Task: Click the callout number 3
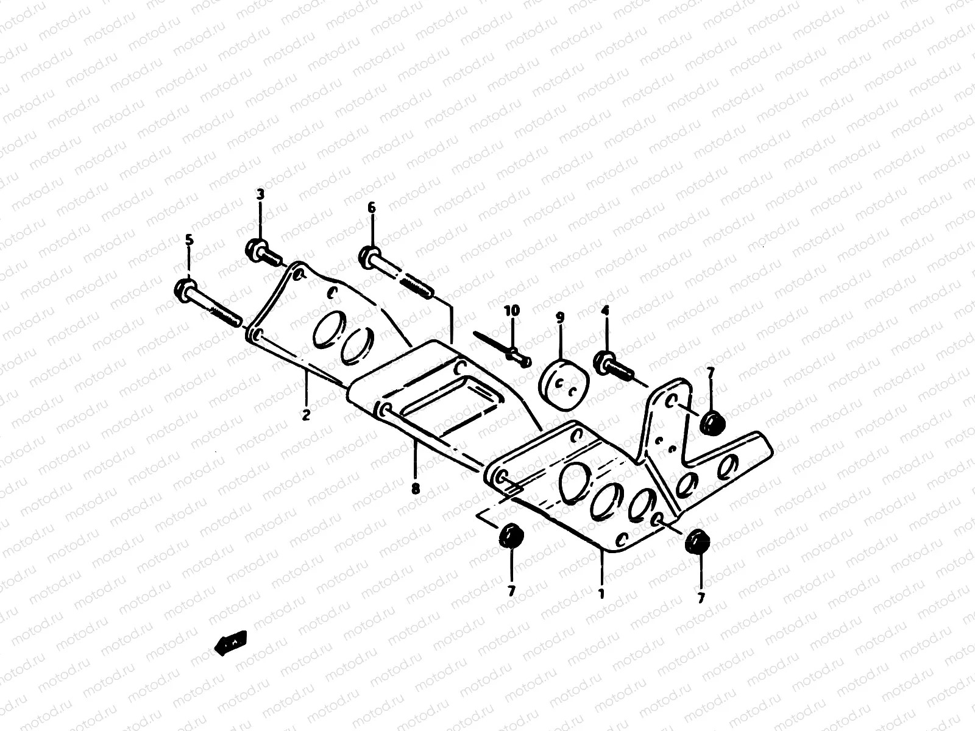[260, 195]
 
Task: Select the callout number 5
[189, 239]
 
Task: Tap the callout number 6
[372, 208]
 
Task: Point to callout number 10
[512, 311]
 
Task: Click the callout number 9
[560, 317]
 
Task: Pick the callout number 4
[605, 311]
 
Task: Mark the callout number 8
[415, 487]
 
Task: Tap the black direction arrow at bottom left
[231, 643]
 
